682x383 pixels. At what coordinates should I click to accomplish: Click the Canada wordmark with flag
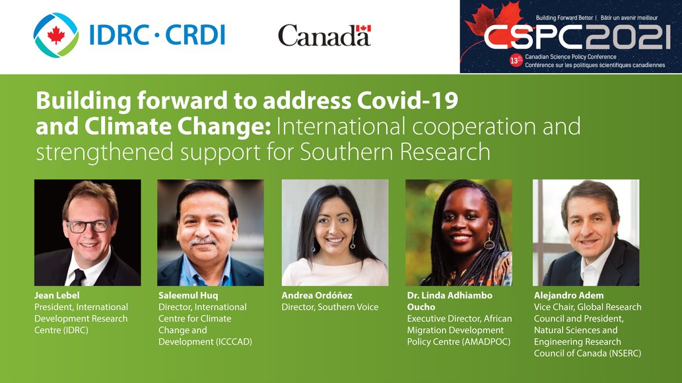pos(324,36)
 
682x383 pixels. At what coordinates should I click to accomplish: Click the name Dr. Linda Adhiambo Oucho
pos(449,301)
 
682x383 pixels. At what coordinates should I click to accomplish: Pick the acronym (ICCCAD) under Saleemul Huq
pos(228,341)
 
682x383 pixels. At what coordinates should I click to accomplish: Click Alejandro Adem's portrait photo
pos(586,233)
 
